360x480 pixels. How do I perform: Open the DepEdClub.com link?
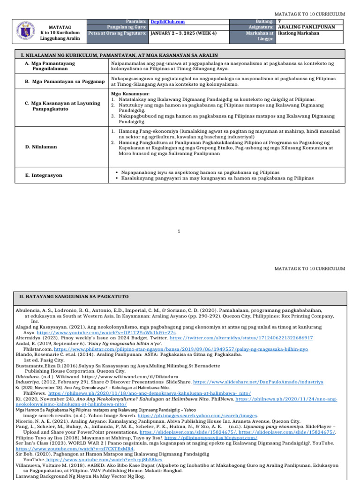coord(167,22)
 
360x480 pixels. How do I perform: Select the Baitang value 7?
coord(280,22)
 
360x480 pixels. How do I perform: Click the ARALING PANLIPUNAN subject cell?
coord(307,27)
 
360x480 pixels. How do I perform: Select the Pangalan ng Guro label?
coord(127,27)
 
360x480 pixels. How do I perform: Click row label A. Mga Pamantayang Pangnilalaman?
coord(50,66)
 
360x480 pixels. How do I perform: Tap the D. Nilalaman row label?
coord(41,147)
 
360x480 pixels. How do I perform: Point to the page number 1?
coord(180,231)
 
